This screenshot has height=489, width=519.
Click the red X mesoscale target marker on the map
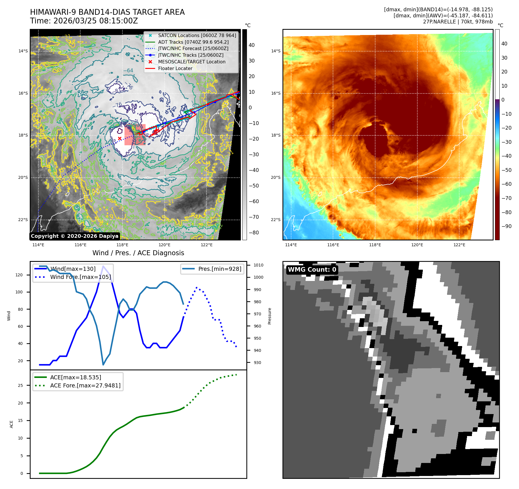point(120,139)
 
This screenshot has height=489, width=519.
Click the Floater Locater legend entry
point(175,69)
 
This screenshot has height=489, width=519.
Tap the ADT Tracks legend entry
point(193,42)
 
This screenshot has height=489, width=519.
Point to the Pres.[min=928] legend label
point(219,269)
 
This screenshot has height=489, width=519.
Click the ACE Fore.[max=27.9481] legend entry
point(85,385)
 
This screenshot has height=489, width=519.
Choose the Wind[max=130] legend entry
point(73,269)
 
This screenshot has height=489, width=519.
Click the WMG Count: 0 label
point(312,270)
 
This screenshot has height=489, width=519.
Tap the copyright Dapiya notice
point(75,236)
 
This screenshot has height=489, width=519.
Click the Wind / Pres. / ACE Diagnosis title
point(138,253)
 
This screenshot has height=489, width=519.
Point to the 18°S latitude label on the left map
point(23,135)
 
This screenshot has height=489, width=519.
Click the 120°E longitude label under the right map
point(417,245)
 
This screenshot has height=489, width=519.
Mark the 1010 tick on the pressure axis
point(258,265)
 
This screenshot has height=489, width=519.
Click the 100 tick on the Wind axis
point(19,292)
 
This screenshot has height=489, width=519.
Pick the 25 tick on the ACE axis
point(20,385)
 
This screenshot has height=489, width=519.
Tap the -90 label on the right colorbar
point(506,226)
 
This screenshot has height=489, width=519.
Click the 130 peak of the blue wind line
point(103,266)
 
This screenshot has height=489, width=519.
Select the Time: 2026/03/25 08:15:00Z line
point(84,21)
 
